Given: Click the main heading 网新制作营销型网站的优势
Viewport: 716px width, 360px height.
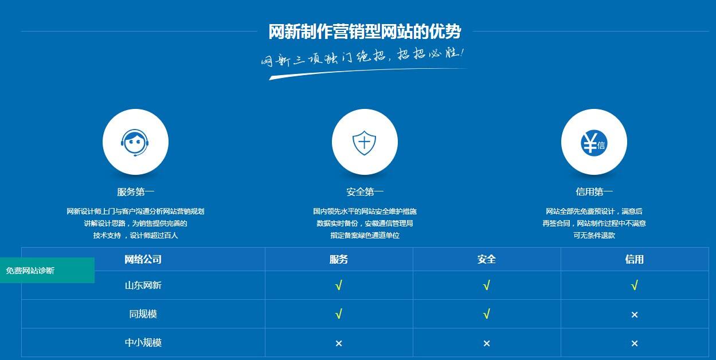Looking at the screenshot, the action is pos(365,32).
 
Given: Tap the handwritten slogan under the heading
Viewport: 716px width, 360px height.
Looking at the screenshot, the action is pos(362,57).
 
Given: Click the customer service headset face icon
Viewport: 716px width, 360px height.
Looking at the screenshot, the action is pos(135,142).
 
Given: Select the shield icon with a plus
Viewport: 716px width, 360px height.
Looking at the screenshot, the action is pos(364,143).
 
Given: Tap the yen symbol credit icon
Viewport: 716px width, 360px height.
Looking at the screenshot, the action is pos(593,143).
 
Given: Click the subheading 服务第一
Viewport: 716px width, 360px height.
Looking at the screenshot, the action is pos(135,192).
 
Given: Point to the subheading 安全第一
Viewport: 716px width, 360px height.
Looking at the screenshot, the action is pos(365,192).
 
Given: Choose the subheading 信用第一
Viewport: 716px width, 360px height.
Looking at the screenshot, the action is pos(594,192).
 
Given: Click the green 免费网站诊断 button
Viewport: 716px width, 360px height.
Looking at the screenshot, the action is pos(48,270).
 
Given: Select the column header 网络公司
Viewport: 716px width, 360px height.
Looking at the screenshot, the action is pos(143,259).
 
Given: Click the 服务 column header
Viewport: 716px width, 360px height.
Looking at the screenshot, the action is pos(339,259).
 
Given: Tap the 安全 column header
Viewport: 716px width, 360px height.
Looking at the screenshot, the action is pos(487,259).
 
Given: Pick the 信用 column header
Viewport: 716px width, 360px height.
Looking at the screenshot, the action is pos(635,259).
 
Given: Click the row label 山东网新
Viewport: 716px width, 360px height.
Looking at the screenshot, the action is pos(143,285).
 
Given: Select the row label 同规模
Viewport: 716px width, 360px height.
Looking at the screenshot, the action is pos(143,314).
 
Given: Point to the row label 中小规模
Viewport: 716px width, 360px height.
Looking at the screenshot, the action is pos(143,342).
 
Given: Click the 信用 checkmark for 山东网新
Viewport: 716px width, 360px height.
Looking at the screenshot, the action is pos(635,285).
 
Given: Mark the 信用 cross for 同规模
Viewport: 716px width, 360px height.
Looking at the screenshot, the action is pos(635,315).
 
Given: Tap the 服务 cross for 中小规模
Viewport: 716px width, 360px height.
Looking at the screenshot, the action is pos(339,343).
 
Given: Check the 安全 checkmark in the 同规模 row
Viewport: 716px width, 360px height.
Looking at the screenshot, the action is pos(487,314).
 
